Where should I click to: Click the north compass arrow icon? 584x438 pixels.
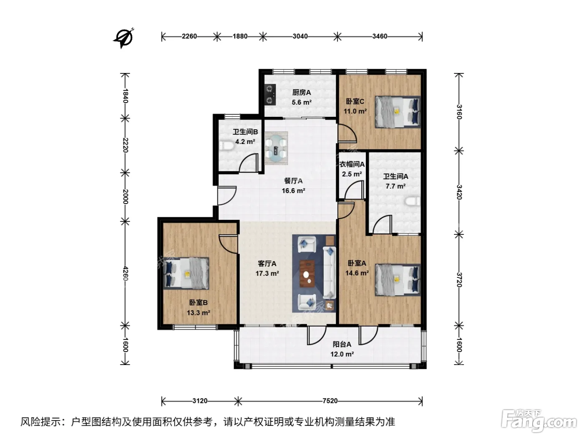[x=124, y=38]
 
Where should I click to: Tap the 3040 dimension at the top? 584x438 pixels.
[x=300, y=36]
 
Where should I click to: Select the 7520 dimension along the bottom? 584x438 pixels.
[x=330, y=401]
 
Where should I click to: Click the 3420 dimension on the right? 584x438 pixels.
[x=459, y=192]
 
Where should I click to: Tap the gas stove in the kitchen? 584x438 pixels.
[x=270, y=94]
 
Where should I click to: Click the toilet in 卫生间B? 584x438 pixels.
[x=227, y=146]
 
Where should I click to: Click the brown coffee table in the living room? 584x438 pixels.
[x=307, y=274]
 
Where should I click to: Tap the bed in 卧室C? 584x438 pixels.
[x=398, y=112]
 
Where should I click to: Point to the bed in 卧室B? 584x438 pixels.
[x=186, y=273]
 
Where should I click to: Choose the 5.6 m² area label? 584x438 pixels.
[x=302, y=102]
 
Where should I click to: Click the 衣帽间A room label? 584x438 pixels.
[x=352, y=164]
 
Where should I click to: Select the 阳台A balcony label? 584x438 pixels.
[x=342, y=345]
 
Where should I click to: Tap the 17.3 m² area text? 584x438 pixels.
[x=267, y=273]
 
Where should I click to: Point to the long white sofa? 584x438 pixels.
[x=330, y=272]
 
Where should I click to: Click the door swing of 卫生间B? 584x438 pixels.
[x=249, y=163]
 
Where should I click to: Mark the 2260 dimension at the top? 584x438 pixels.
[x=189, y=36]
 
